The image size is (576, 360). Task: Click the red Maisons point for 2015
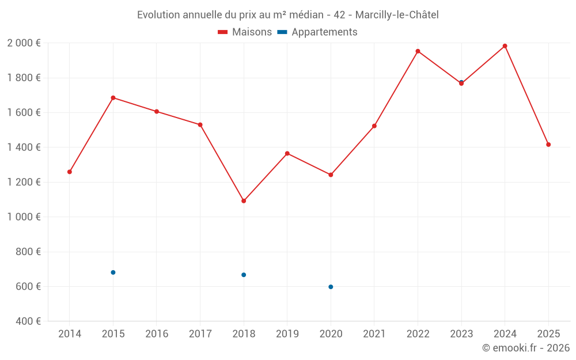[x=113, y=98]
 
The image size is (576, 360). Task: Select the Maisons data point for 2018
[x=244, y=201]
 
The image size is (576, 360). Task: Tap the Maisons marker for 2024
[x=505, y=46]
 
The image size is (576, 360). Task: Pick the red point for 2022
[x=418, y=51]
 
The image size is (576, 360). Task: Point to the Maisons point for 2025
[x=548, y=145]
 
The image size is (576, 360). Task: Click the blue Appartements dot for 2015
[x=113, y=272]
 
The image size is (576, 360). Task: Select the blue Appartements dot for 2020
[x=331, y=287]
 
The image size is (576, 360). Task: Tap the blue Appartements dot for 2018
[x=244, y=275]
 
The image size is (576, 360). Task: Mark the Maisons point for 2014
[x=70, y=172]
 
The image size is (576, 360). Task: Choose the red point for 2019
[x=287, y=153]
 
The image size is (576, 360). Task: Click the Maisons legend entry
[x=245, y=32]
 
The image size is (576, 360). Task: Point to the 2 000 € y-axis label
[x=24, y=43]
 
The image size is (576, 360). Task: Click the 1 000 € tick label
[x=24, y=217]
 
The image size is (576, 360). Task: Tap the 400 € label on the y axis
[x=27, y=321]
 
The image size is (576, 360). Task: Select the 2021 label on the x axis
[x=374, y=334]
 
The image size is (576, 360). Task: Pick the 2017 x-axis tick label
[x=200, y=334]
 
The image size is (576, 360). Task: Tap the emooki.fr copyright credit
[x=525, y=348]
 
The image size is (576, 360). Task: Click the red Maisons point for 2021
[x=374, y=126]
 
